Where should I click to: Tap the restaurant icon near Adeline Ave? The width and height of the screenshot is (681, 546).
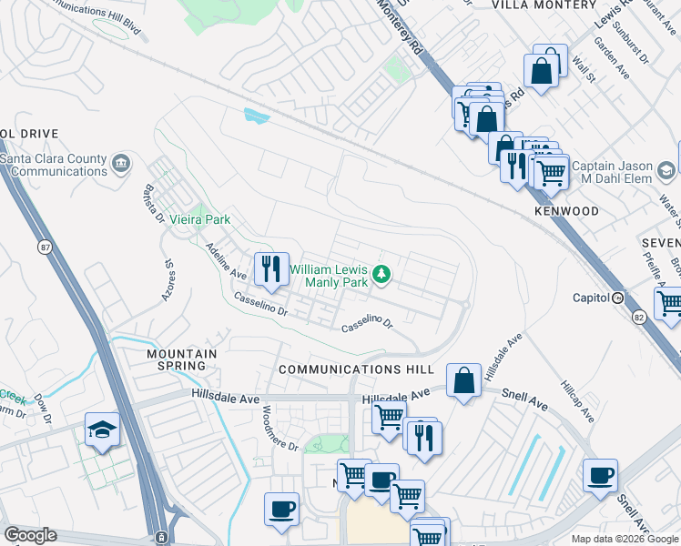[x=271, y=268]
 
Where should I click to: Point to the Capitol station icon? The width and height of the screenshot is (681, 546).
[x=616, y=298]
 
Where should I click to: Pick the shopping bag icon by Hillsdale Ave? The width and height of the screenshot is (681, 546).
[x=464, y=382]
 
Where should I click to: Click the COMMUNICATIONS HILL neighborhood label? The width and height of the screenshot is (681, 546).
[x=353, y=369]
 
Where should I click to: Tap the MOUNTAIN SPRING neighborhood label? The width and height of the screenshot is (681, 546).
[x=182, y=359]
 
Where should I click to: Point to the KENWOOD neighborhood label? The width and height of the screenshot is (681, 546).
[x=566, y=211]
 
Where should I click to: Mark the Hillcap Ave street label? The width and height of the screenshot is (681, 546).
[x=577, y=401]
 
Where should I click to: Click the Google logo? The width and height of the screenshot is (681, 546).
[x=31, y=536]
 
